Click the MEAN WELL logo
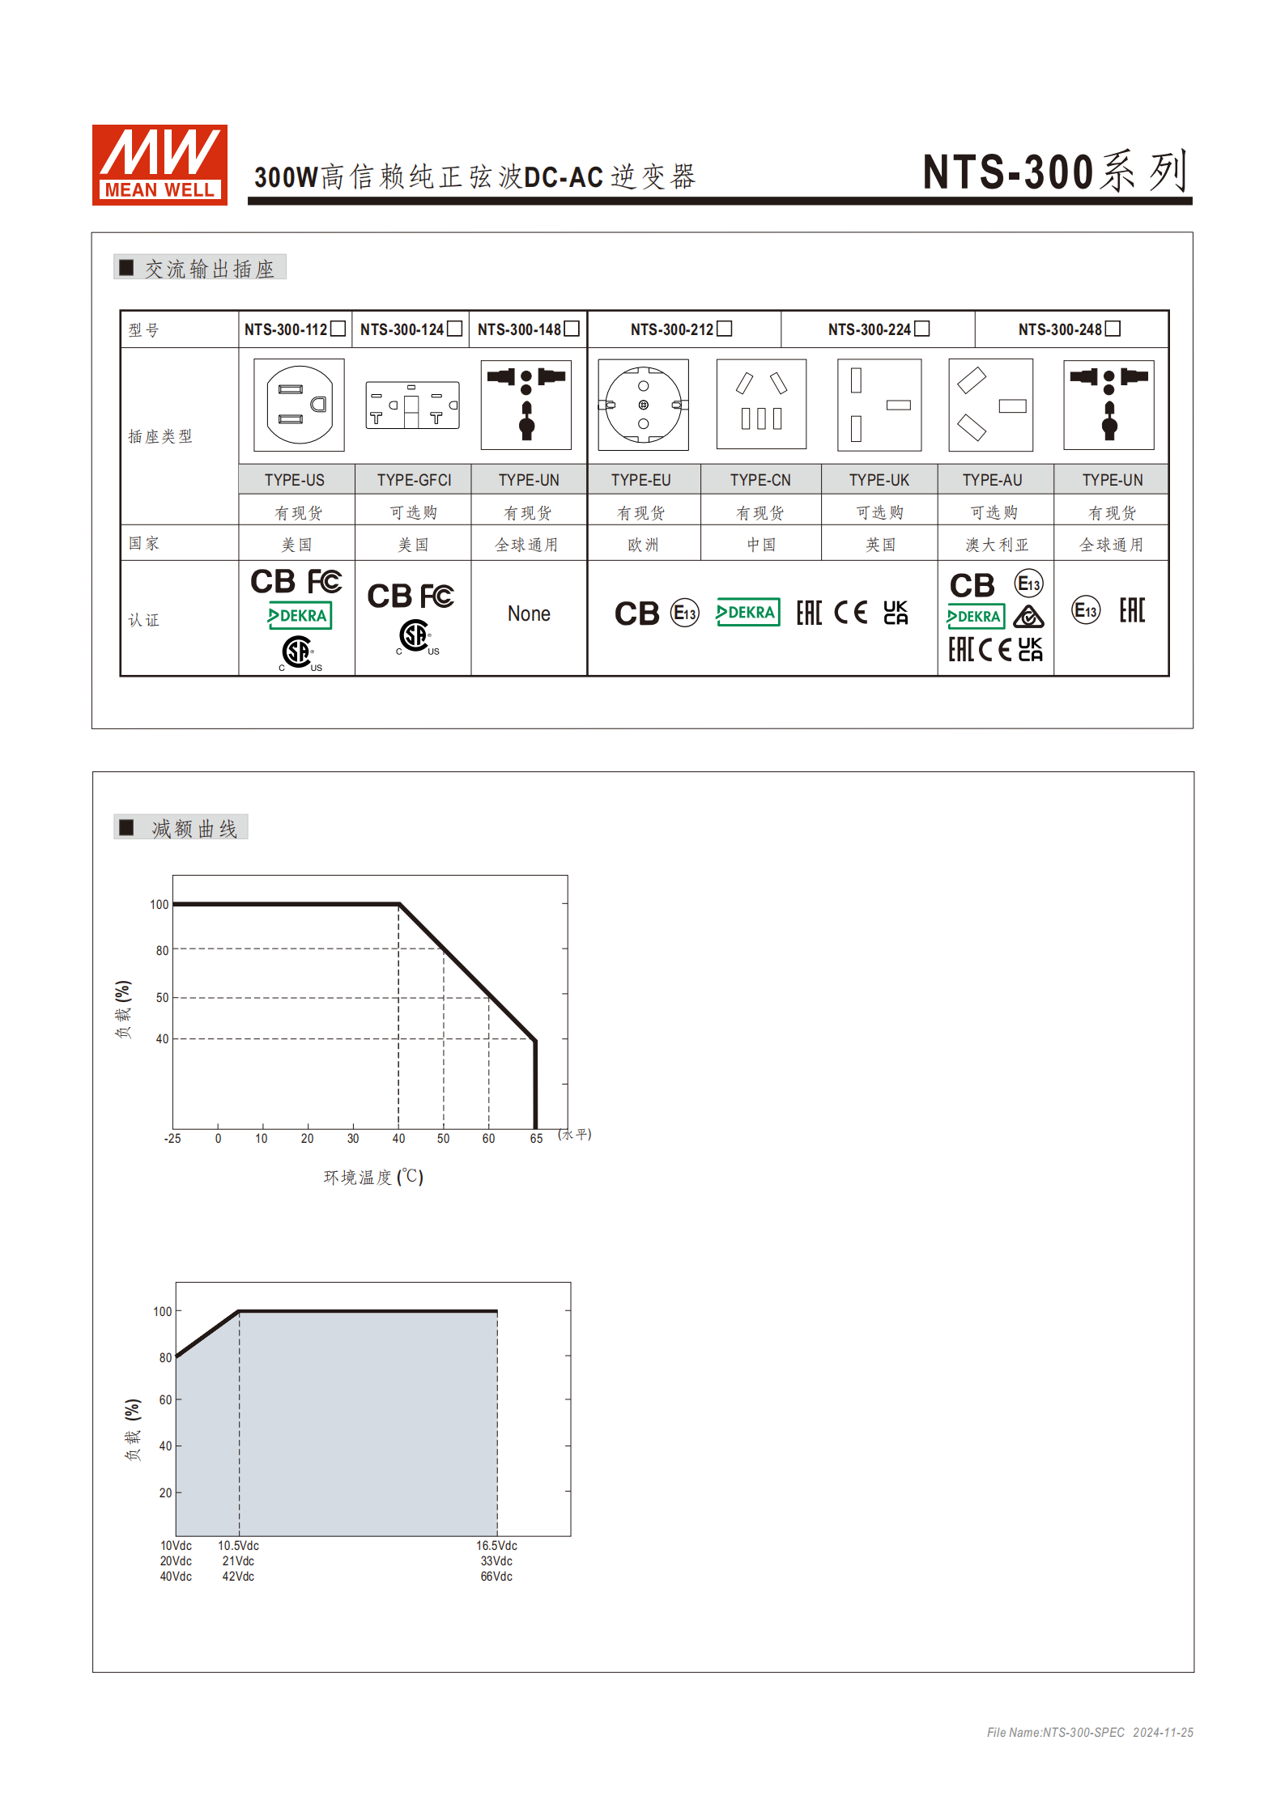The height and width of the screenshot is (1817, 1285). point(160,164)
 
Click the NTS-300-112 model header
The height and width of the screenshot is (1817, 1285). point(286,329)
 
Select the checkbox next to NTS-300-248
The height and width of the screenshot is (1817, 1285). point(1113,329)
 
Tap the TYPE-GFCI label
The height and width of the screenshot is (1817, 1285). point(414,480)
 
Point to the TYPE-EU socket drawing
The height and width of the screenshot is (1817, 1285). point(643,405)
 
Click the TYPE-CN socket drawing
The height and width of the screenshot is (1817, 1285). point(761,404)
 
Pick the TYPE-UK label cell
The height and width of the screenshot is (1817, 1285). point(879,480)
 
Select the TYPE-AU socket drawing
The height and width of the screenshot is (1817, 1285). point(991,405)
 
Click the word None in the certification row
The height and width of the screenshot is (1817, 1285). point(529,614)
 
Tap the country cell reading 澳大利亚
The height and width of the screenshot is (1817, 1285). point(997,545)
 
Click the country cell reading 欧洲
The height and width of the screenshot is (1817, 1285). point(643,545)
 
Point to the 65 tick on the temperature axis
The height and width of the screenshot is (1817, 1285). point(536,1139)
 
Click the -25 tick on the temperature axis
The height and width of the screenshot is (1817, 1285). point(172,1139)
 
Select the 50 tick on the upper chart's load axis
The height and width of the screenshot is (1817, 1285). point(162,997)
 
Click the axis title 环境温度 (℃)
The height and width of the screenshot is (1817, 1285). point(373,1177)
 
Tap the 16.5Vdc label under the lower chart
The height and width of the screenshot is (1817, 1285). point(496,1546)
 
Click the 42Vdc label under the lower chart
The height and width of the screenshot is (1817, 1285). point(238,1577)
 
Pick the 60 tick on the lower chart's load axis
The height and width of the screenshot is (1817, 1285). point(165,1399)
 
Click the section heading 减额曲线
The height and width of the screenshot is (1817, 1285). point(194,828)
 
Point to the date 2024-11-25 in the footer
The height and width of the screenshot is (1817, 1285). point(1163,1732)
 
